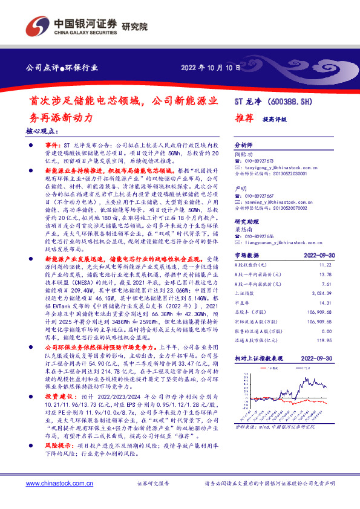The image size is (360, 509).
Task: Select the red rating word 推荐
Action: click(x=243, y=119)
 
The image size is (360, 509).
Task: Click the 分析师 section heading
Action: click(x=243, y=146)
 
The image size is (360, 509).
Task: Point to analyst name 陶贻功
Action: click(x=243, y=154)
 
